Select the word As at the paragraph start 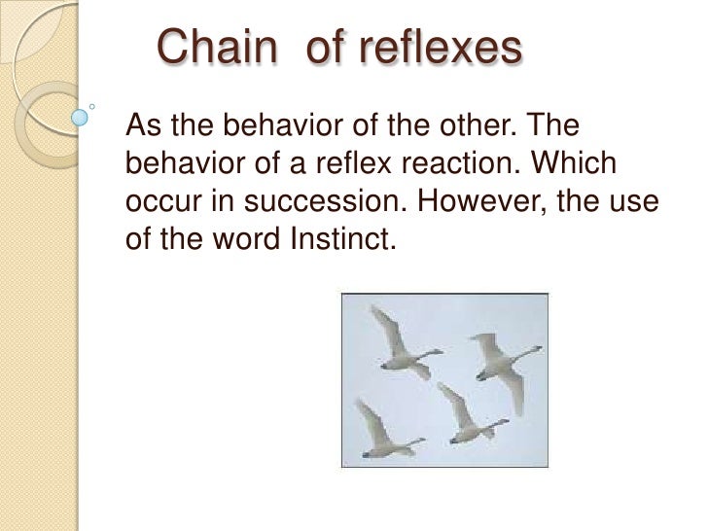142,125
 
